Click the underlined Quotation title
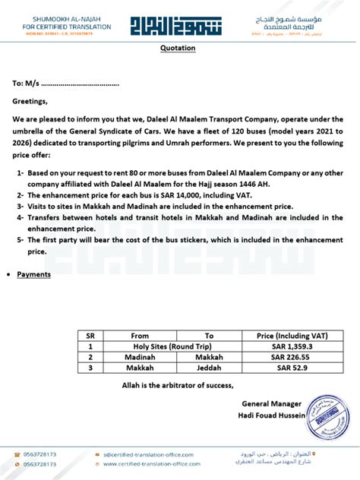tap(178, 48)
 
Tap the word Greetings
tap(30, 101)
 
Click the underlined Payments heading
tap(33, 274)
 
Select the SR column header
tap(90, 335)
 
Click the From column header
tap(140, 335)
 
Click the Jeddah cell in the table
tap(209, 368)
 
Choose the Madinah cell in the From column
tap(140, 356)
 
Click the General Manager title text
tap(271, 403)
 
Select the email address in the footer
tap(149, 454)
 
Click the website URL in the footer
tap(153, 464)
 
